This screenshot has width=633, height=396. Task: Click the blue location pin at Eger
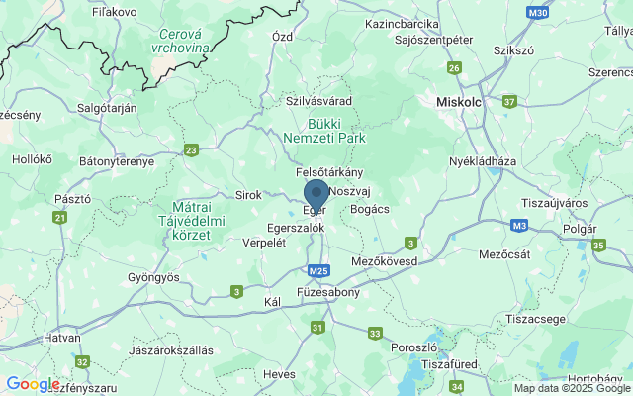pos(316,194)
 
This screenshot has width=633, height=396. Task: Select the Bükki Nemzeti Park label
pos(322,131)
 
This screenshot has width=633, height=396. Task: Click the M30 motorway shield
pos(537,13)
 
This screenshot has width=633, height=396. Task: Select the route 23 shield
pos(191,150)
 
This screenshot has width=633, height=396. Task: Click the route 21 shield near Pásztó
pos(60,217)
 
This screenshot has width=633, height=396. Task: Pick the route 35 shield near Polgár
pos(597,245)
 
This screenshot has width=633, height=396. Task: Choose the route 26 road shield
pos(454,67)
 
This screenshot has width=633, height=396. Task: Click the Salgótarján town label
pos(107,107)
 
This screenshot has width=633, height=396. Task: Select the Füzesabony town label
pos(328,293)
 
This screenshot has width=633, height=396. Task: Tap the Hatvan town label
pos(62,338)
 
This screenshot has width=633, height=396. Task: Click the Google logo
pos(33,384)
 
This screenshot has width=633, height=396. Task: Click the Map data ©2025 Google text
pos(572,388)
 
